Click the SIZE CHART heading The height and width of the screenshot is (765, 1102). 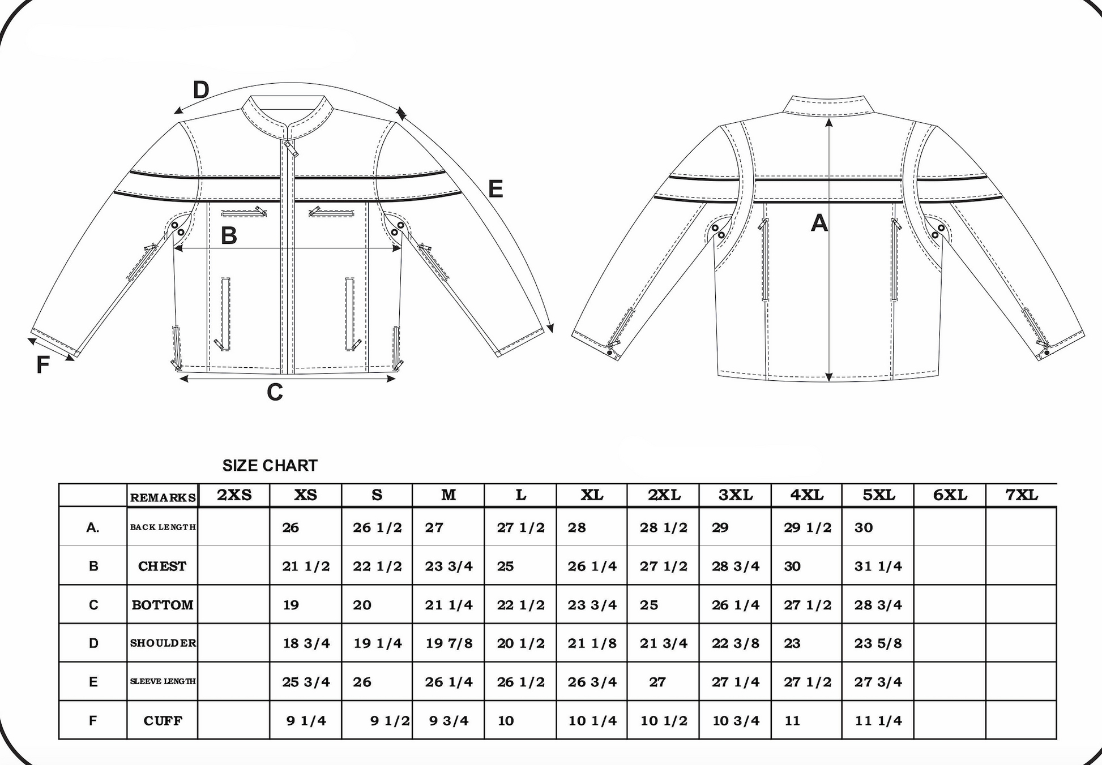(x=270, y=466)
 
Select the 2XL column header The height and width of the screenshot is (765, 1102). (x=664, y=496)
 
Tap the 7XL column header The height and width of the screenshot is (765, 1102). (x=1022, y=496)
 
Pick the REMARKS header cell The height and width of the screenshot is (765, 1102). (x=163, y=498)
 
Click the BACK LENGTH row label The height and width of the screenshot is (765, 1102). (x=163, y=527)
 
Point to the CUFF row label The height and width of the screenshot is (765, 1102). (x=163, y=721)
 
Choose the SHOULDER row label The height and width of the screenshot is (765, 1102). (x=163, y=643)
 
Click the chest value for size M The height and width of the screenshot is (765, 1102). (x=449, y=566)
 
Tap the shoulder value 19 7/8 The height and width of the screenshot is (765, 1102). (x=449, y=643)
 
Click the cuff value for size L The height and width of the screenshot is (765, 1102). (x=506, y=721)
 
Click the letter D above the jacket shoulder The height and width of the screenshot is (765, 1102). (x=201, y=90)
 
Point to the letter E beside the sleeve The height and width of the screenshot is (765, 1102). (x=495, y=189)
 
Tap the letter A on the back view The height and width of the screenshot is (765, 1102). (x=819, y=224)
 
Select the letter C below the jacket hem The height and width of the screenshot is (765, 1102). (x=275, y=392)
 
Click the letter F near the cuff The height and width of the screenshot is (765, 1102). (x=42, y=366)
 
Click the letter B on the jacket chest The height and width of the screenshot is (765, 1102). (x=229, y=236)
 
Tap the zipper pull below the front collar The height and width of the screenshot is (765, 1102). (x=292, y=149)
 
